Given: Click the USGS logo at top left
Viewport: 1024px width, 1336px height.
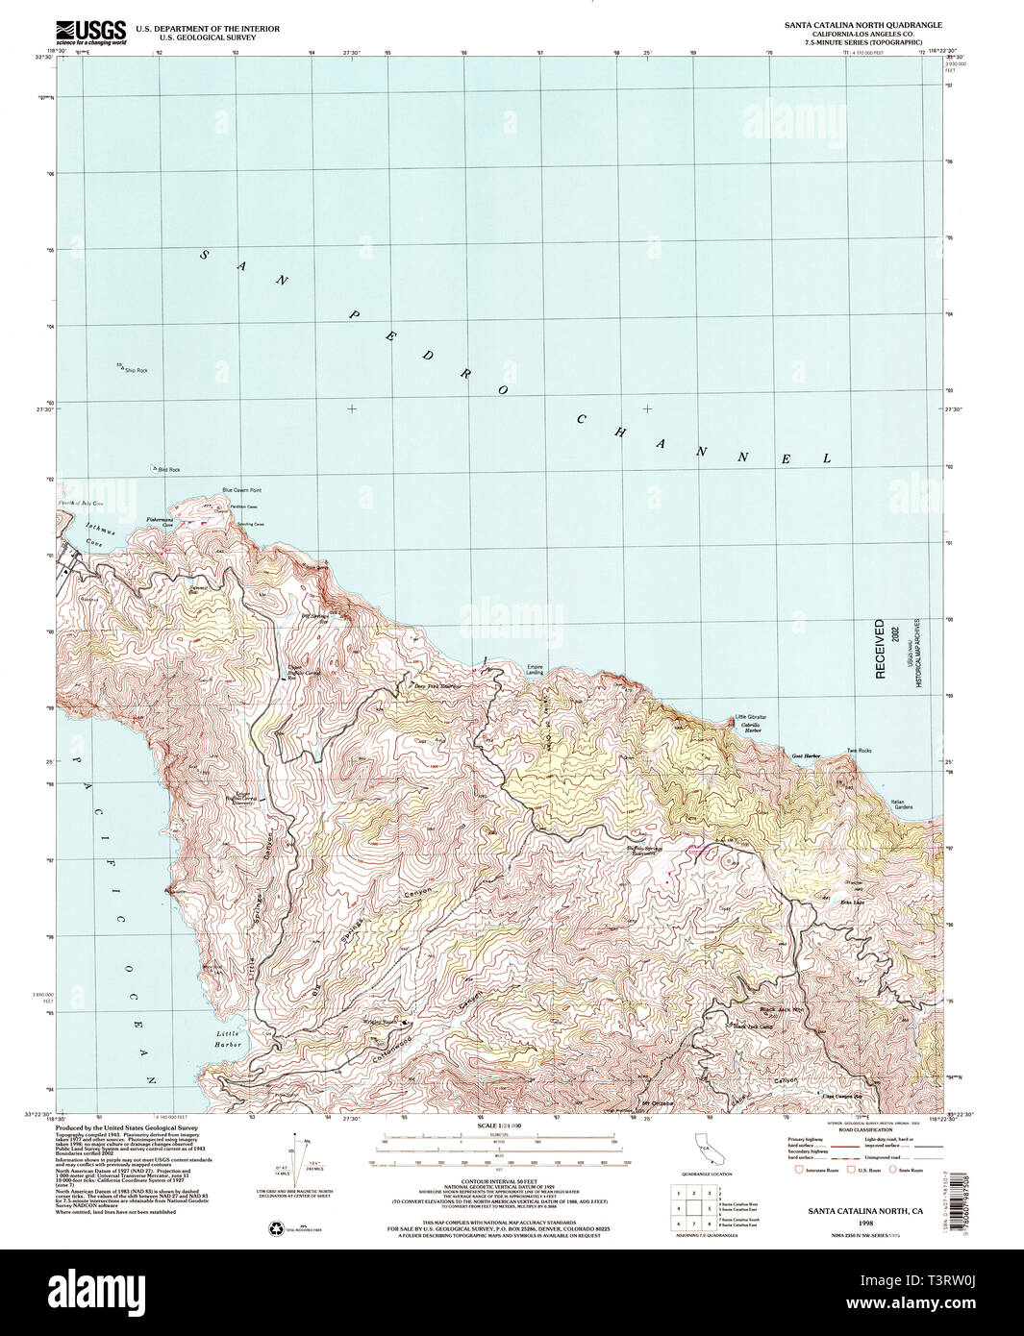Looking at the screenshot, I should click(x=91, y=33).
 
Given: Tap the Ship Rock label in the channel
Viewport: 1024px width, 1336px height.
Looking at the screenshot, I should click(x=135, y=370).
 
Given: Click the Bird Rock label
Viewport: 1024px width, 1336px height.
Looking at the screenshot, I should click(x=167, y=469).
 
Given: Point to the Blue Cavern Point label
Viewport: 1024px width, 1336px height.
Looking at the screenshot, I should click(x=241, y=490).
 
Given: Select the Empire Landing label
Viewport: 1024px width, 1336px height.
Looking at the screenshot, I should click(x=535, y=670).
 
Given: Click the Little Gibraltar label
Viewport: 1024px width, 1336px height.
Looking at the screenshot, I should click(x=751, y=718).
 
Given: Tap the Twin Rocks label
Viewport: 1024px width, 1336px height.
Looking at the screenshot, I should click(x=859, y=751).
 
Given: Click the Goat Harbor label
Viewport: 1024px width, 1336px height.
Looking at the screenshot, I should click(x=806, y=756).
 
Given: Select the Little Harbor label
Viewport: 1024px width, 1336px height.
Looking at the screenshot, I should click(x=228, y=1039).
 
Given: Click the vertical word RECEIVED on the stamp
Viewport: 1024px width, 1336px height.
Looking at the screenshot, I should click(x=880, y=649).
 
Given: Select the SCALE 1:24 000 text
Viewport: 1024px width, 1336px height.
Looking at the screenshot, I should click(x=498, y=1126).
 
